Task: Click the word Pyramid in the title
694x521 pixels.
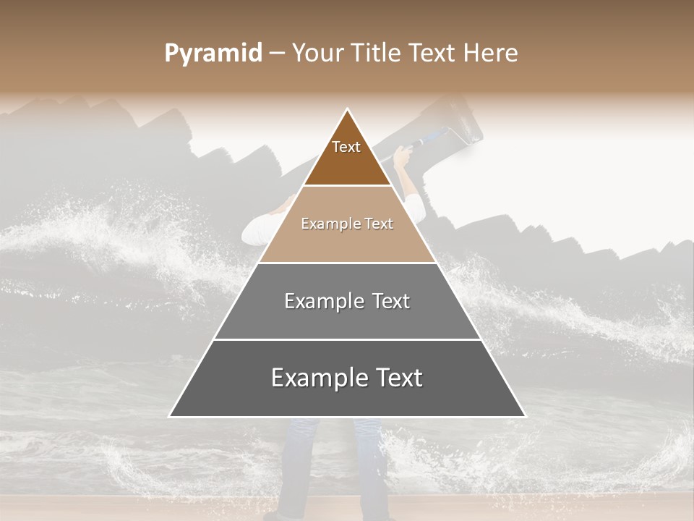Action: (x=213, y=53)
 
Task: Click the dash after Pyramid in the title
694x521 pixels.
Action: (x=277, y=54)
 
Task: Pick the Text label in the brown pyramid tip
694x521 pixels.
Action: (x=346, y=147)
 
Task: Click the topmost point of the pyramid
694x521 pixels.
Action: (x=348, y=109)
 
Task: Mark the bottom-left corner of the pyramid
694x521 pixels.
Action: (x=170, y=416)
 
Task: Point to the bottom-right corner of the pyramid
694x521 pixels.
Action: (x=525, y=416)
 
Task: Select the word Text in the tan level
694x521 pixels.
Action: (x=379, y=224)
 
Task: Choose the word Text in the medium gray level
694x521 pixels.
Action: (x=389, y=301)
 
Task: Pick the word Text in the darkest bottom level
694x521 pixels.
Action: (x=397, y=378)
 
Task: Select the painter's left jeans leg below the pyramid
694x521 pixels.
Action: (x=296, y=463)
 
